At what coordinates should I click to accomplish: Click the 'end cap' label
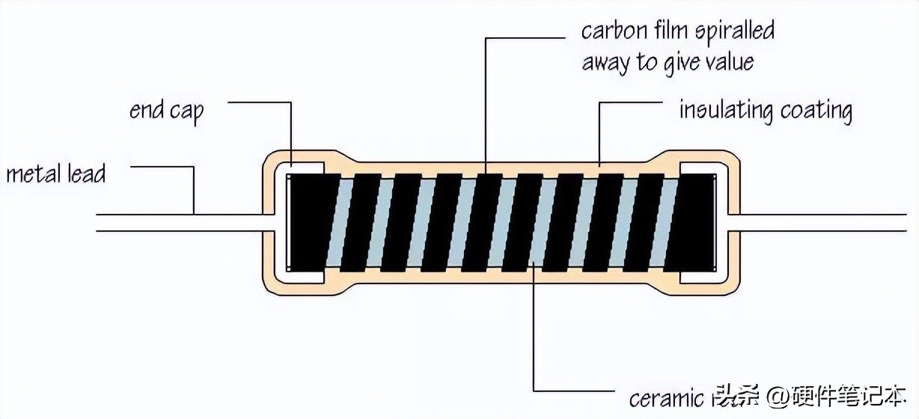[x=166, y=111]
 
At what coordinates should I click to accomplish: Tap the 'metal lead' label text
[x=56, y=174]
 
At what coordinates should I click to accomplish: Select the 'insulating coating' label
[x=765, y=111]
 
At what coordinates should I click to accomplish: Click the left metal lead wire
[x=180, y=221]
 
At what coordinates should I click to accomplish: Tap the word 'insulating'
[x=725, y=111]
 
